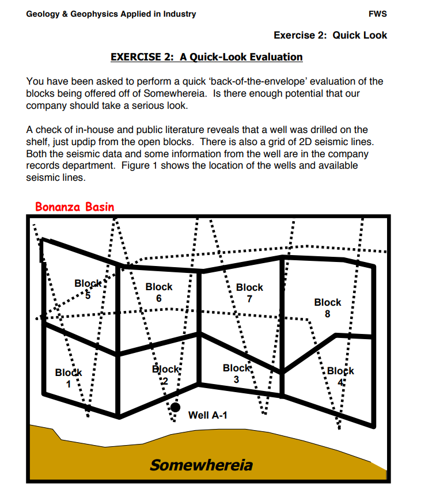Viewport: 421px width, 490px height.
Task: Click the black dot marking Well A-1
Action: pyautogui.click(x=176, y=407)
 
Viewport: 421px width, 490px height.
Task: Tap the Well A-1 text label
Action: pyautogui.click(x=207, y=415)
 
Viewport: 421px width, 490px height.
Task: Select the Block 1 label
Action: pyautogui.click(x=69, y=378)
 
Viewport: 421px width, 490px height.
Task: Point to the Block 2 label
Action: pyautogui.click(x=166, y=375)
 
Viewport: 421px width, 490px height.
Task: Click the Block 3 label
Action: pyautogui.click(x=236, y=374)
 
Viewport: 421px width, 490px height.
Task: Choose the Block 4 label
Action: pyautogui.click(x=341, y=376)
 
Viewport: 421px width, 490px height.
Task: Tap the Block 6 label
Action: pyautogui.click(x=159, y=292)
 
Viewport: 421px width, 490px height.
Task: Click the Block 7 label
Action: pyautogui.click(x=249, y=293)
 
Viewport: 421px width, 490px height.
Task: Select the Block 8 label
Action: pyautogui.click(x=327, y=307)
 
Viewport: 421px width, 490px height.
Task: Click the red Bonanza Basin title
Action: pyautogui.click(x=75, y=207)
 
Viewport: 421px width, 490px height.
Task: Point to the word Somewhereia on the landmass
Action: pyautogui.click(x=201, y=465)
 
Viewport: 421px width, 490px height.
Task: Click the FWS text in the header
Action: pyautogui.click(x=377, y=14)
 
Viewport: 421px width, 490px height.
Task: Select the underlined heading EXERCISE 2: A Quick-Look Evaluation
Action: pyautogui.click(x=206, y=57)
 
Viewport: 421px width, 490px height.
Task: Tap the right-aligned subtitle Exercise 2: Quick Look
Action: pyautogui.click(x=330, y=35)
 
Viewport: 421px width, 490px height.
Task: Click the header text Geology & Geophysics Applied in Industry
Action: pyautogui.click(x=111, y=14)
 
